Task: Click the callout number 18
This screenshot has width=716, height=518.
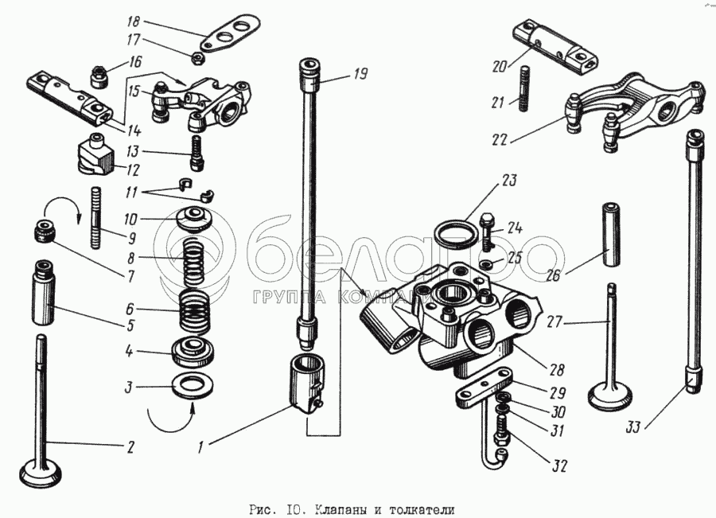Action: click(x=134, y=22)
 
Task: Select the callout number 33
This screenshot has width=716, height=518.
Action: click(x=633, y=427)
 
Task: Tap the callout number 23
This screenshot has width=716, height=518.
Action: click(x=508, y=181)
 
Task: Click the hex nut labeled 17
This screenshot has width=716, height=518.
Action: click(x=198, y=57)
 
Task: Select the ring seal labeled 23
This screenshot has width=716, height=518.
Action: click(x=457, y=236)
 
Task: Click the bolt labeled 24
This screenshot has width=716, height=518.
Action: click(x=487, y=231)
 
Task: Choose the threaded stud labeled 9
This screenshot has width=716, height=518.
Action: click(x=96, y=217)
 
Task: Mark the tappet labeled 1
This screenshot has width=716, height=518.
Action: click(x=306, y=384)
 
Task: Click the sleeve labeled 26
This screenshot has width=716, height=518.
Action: click(x=610, y=234)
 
